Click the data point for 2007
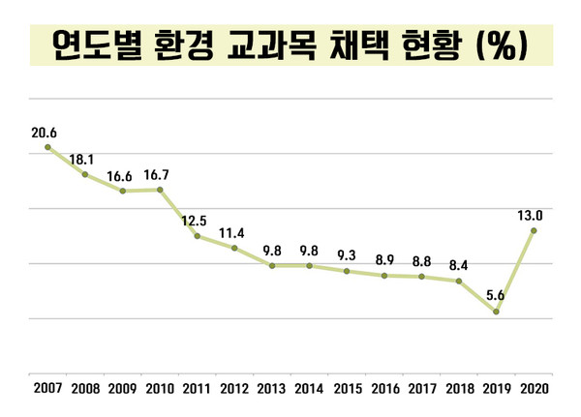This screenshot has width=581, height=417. point(46,147)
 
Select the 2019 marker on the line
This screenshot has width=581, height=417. point(496,312)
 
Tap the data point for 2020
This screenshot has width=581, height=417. point(533,230)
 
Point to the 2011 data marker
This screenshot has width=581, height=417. point(197,236)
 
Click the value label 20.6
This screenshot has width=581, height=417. point(45,132)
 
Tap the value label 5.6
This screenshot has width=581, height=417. point(495,296)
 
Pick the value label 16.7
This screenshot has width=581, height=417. point(160,175)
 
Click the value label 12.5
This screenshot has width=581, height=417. point(197,221)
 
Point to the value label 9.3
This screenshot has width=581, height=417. point(346,255)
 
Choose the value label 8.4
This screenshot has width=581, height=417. point(458,265)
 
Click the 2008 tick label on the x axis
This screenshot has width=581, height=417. point(84,389)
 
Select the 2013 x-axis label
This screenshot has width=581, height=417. point(271,389)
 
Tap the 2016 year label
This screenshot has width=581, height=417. point(383,389)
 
